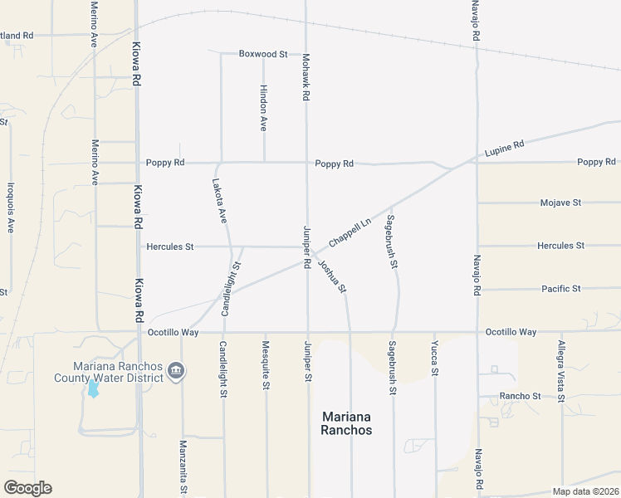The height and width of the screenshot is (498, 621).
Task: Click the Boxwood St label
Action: (262, 54)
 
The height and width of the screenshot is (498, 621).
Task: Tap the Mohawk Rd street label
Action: (306, 77)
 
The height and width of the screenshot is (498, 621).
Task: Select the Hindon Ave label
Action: (263, 108)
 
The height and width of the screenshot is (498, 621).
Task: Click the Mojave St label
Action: (560, 203)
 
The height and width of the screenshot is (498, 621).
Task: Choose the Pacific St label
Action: (560, 289)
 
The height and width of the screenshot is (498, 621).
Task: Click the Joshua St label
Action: (332, 276)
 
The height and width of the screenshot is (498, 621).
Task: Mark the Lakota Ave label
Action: (219, 203)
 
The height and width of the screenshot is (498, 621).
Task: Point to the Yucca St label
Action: (434, 358)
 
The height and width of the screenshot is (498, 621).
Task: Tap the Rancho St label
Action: (521, 397)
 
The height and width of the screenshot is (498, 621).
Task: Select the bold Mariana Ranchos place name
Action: (347, 423)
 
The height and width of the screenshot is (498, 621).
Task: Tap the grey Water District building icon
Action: (175, 371)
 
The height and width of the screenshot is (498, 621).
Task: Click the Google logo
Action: (27, 488)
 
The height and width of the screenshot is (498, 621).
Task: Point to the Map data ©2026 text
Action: (585, 491)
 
